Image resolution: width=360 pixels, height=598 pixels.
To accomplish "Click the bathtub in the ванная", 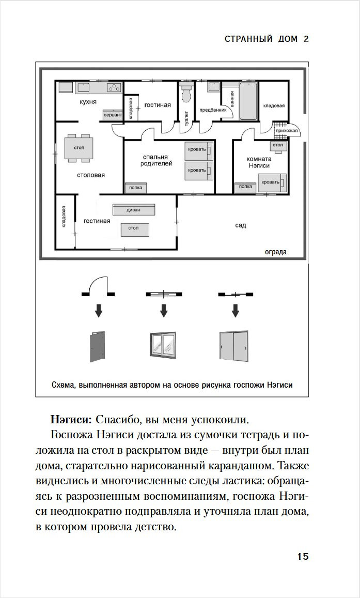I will click(248, 100).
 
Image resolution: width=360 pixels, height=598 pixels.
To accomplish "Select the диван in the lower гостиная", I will click(133, 210).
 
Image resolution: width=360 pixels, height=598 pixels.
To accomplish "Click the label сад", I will click(240, 225).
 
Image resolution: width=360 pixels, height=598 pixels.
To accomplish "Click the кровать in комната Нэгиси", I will click(271, 182).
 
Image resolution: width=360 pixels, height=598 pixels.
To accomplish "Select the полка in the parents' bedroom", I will click(135, 188).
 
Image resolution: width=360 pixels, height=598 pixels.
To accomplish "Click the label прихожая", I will click(287, 131).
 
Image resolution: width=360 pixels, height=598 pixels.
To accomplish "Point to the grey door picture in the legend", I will click(97, 346).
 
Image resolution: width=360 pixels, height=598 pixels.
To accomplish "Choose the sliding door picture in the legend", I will click(234, 346).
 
